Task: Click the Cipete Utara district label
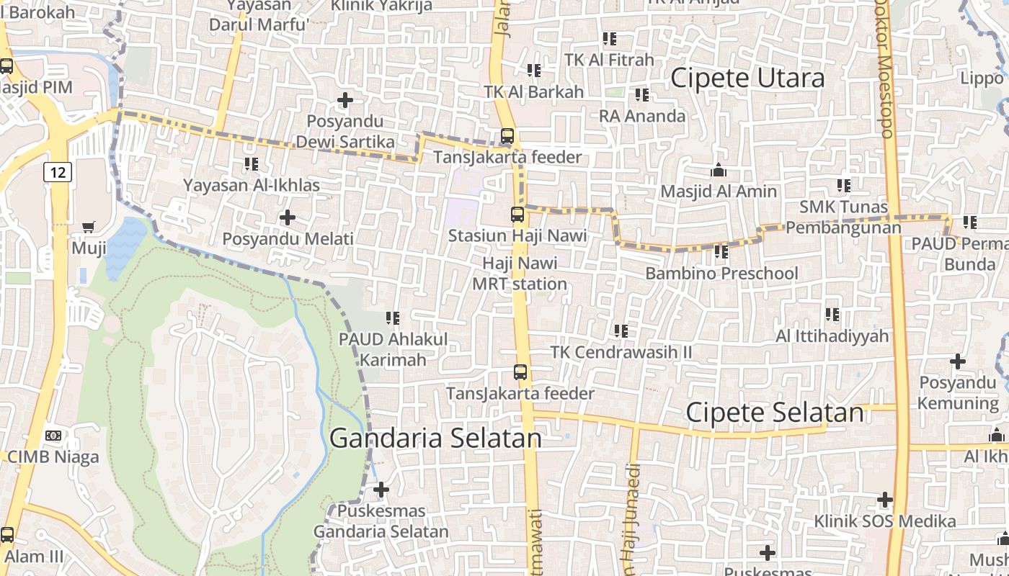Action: tap(747, 78)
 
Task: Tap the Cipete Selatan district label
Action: tap(774, 413)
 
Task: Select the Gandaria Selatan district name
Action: tap(435, 438)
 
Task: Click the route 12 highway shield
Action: tap(58, 172)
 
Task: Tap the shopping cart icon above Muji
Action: tap(89, 228)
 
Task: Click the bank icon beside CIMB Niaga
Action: tap(53, 436)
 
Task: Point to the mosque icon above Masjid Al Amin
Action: tap(719, 171)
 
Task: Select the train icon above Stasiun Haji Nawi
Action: tap(517, 214)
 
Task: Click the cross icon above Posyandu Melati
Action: tap(288, 217)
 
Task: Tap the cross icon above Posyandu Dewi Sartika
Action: tap(345, 100)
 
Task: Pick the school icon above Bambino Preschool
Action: tap(721, 252)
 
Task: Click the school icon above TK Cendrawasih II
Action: tap(621, 331)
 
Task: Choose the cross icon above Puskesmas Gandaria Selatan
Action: tap(381, 490)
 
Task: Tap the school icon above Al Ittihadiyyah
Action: tap(832, 315)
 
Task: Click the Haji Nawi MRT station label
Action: tap(520, 274)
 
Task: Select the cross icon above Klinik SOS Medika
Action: tap(885, 500)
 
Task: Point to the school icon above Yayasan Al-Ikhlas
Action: tap(251, 164)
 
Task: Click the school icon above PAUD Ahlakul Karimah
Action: tap(393, 318)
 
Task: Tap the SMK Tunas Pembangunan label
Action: tap(843, 217)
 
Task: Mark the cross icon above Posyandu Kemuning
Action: tap(957, 361)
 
